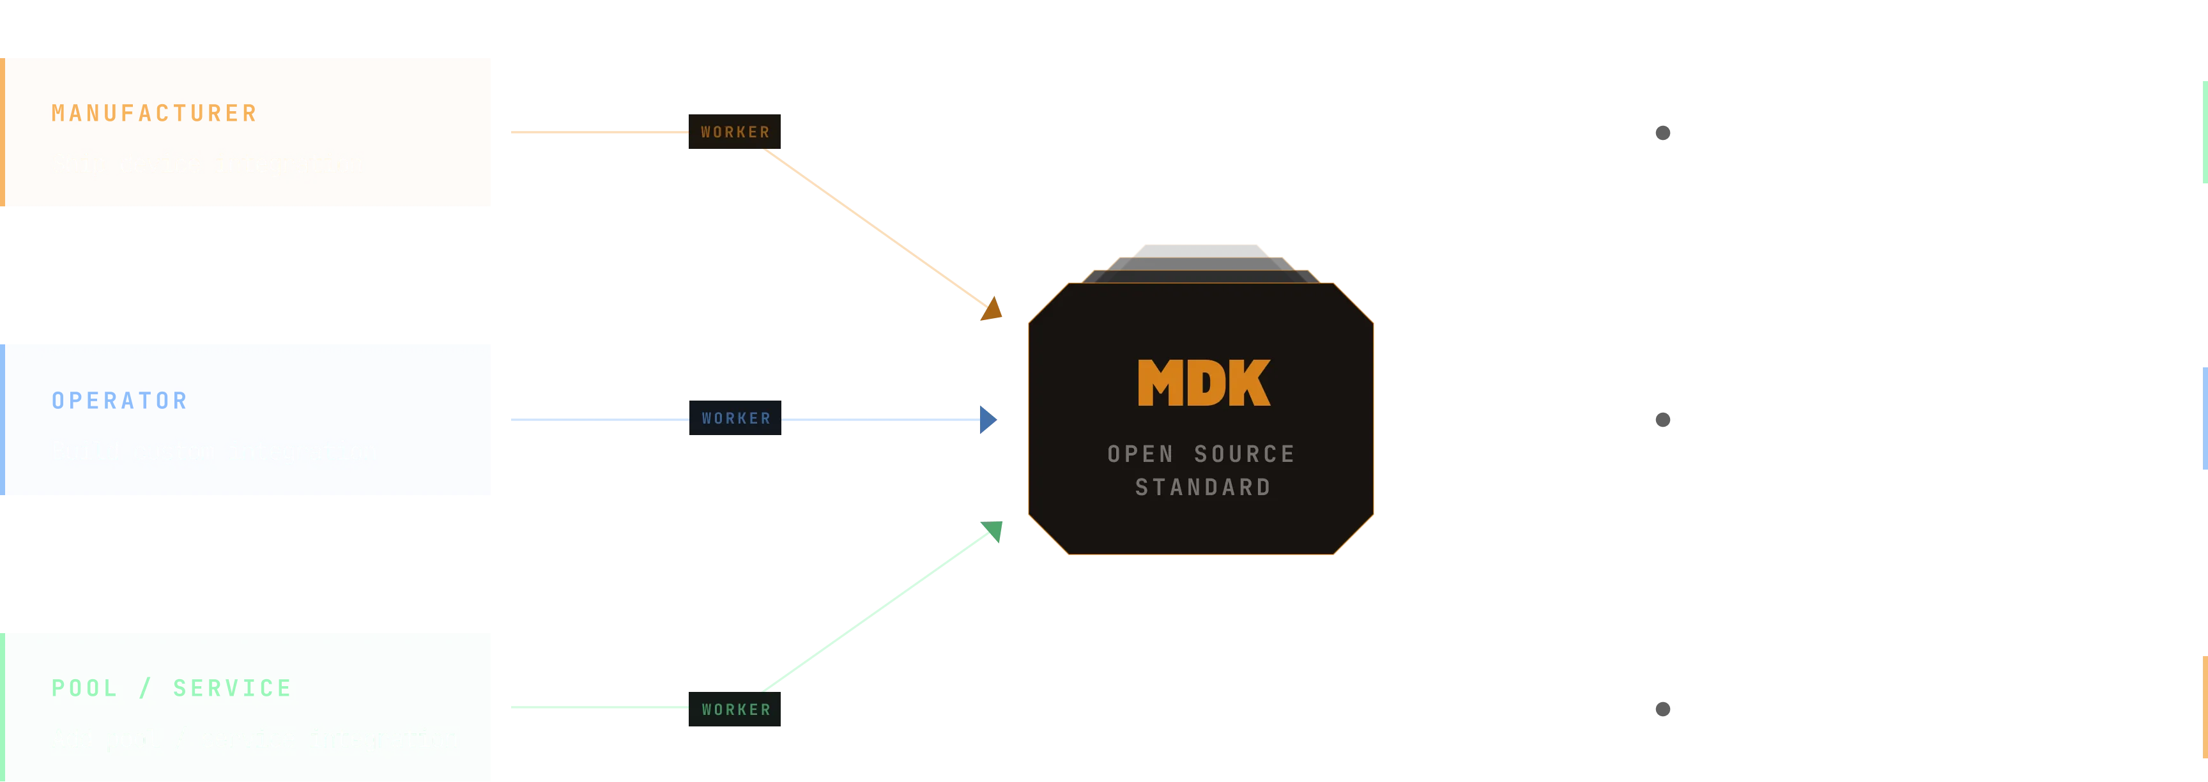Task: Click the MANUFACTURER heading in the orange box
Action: point(154,113)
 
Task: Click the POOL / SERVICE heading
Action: point(171,687)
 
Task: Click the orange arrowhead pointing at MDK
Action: point(993,308)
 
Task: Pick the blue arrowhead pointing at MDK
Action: point(988,419)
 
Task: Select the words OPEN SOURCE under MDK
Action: point(1201,454)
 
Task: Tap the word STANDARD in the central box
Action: point(1202,487)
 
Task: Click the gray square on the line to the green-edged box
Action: point(1663,133)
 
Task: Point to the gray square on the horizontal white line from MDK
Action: point(1663,419)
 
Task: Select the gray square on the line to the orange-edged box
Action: point(1663,709)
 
